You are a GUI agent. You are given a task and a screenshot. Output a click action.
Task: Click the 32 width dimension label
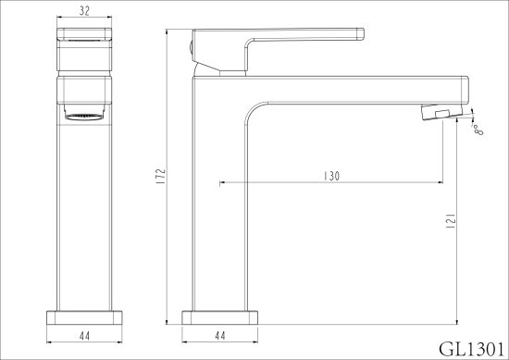[84, 11]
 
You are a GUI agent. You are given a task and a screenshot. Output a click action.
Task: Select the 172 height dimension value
[161, 176]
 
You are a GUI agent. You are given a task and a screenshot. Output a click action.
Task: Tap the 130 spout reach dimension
[331, 176]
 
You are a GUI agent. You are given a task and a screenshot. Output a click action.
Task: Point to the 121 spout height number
[452, 221]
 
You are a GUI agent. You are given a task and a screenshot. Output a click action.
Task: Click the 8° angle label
[478, 130]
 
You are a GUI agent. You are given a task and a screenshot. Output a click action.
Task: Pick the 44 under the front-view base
[84, 336]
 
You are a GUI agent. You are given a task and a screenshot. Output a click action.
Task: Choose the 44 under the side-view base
[219, 335]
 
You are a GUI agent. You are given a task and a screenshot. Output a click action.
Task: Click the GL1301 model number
[472, 349]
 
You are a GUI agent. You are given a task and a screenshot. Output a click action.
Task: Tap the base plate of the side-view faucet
[219, 317]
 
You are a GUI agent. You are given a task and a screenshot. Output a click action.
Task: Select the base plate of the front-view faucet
[84, 317]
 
